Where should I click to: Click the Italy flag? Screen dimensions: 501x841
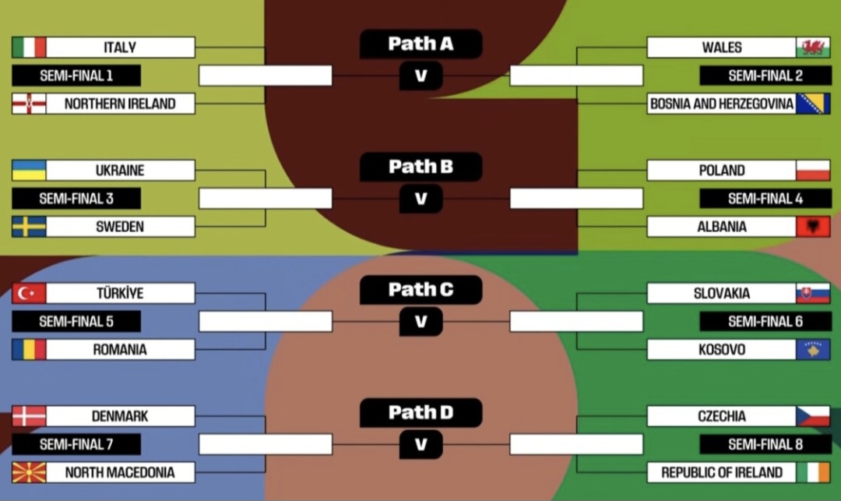point(29,48)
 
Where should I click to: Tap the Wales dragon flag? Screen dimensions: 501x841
point(813,48)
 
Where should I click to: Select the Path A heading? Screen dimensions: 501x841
point(420,44)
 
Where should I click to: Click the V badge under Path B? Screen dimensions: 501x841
point(420,199)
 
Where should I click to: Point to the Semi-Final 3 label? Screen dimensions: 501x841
point(76,199)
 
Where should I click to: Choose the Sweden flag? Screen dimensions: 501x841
point(29,227)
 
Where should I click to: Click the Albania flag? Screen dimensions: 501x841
point(813,227)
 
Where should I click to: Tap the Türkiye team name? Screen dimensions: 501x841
point(120,294)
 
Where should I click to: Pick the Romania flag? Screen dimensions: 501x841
point(29,350)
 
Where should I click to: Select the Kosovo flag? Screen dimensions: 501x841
point(813,350)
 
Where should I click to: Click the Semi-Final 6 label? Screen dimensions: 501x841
point(765,322)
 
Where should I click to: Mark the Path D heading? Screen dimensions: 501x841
point(420,412)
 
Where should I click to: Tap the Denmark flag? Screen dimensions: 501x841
point(29,416)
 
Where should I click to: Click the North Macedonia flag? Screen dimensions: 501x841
point(29,472)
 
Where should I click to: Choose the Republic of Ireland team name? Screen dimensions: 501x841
point(722,472)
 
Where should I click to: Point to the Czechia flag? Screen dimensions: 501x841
point(813,416)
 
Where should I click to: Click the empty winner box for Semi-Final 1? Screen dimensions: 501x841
point(266,76)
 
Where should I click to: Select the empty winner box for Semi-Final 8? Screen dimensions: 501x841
point(576,444)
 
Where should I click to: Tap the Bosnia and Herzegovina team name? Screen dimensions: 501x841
point(722,104)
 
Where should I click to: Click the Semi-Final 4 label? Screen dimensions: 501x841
point(765,199)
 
